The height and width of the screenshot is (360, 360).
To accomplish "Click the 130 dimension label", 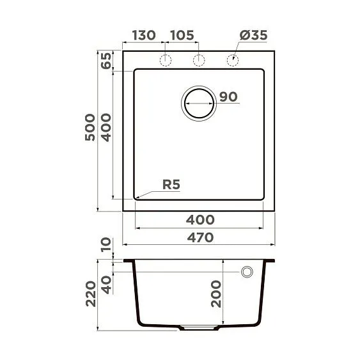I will coord(144,35).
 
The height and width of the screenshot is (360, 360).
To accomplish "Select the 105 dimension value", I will coord(182,35).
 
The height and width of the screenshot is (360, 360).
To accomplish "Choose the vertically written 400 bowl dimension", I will coord(106,128).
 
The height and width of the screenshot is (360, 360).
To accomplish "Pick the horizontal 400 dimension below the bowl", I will coord(200,219).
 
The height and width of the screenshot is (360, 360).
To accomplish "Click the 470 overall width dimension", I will coord(200,237).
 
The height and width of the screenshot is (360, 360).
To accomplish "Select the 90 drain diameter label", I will coord(228,97).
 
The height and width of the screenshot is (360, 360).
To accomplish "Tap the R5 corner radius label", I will coord(171,185).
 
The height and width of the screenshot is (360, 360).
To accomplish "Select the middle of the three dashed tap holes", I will coord(200,60).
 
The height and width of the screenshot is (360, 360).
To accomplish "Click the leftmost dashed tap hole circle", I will coord(166,60).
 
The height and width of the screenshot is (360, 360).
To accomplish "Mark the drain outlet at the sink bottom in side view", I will coord(200,327).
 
